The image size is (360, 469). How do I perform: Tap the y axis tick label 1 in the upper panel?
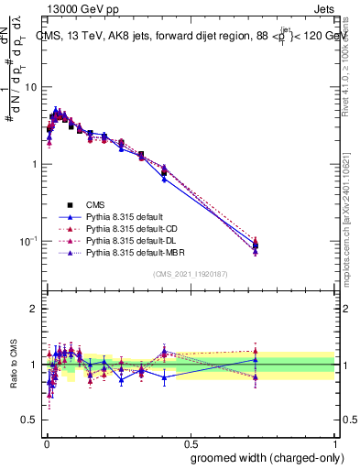pos(34,164)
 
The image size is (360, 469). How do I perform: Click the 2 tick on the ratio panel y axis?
pos(34,309)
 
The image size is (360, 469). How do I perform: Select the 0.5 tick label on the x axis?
pos(191,442)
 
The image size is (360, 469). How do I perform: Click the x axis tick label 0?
pos(45,442)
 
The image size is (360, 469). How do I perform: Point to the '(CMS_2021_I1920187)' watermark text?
pos(191,274)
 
